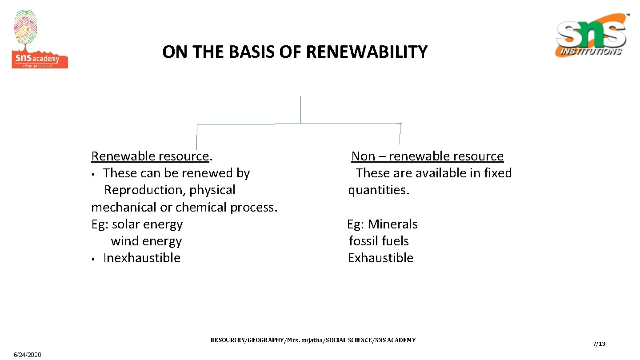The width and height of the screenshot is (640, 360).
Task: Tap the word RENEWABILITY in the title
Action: click(x=367, y=52)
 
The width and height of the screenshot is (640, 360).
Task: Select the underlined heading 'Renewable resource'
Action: click(x=150, y=156)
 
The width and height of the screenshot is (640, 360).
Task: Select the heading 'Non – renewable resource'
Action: click(x=427, y=156)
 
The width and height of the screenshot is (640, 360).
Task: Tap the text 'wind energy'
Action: click(x=146, y=241)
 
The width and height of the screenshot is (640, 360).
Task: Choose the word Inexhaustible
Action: click(x=142, y=258)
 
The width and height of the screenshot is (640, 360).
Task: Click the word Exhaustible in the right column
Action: click(x=380, y=258)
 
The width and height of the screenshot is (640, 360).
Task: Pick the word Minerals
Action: click(x=393, y=224)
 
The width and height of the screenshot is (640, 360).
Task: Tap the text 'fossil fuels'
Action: click(x=379, y=241)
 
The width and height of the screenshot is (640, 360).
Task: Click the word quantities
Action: click(x=378, y=190)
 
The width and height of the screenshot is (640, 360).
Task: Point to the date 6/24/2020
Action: click(x=28, y=354)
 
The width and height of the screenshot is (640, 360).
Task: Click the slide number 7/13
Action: click(x=599, y=344)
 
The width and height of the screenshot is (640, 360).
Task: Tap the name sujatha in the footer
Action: click(x=312, y=340)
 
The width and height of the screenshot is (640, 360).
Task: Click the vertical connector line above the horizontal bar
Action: click(x=301, y=109)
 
